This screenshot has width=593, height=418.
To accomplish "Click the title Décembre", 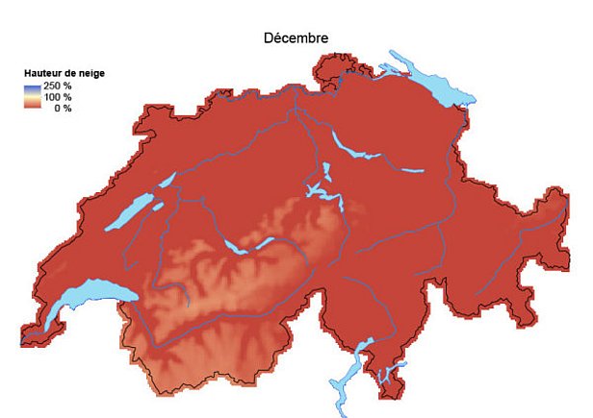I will pos(296,38).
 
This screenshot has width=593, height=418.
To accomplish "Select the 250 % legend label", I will pos(58,86).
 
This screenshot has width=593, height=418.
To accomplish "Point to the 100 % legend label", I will pos(58,97).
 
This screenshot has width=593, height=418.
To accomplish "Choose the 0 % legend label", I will pos(62,108).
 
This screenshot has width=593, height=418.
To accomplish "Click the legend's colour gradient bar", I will pos(32,97).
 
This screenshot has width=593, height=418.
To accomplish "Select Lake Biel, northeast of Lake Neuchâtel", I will pos(165,181).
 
